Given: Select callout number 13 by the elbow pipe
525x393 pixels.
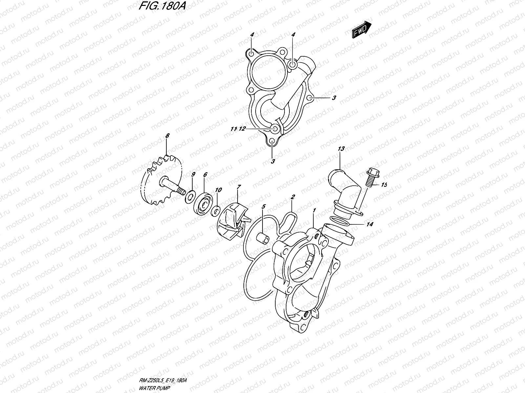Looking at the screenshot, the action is point(341,149).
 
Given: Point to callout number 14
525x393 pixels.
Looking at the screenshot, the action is point(370,224).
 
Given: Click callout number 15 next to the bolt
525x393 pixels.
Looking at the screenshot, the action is point(384,185).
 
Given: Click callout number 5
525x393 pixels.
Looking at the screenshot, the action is point(263,207).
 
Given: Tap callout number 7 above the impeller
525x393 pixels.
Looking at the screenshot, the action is point(239,187).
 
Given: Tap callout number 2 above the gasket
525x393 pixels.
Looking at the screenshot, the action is point(293,197).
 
